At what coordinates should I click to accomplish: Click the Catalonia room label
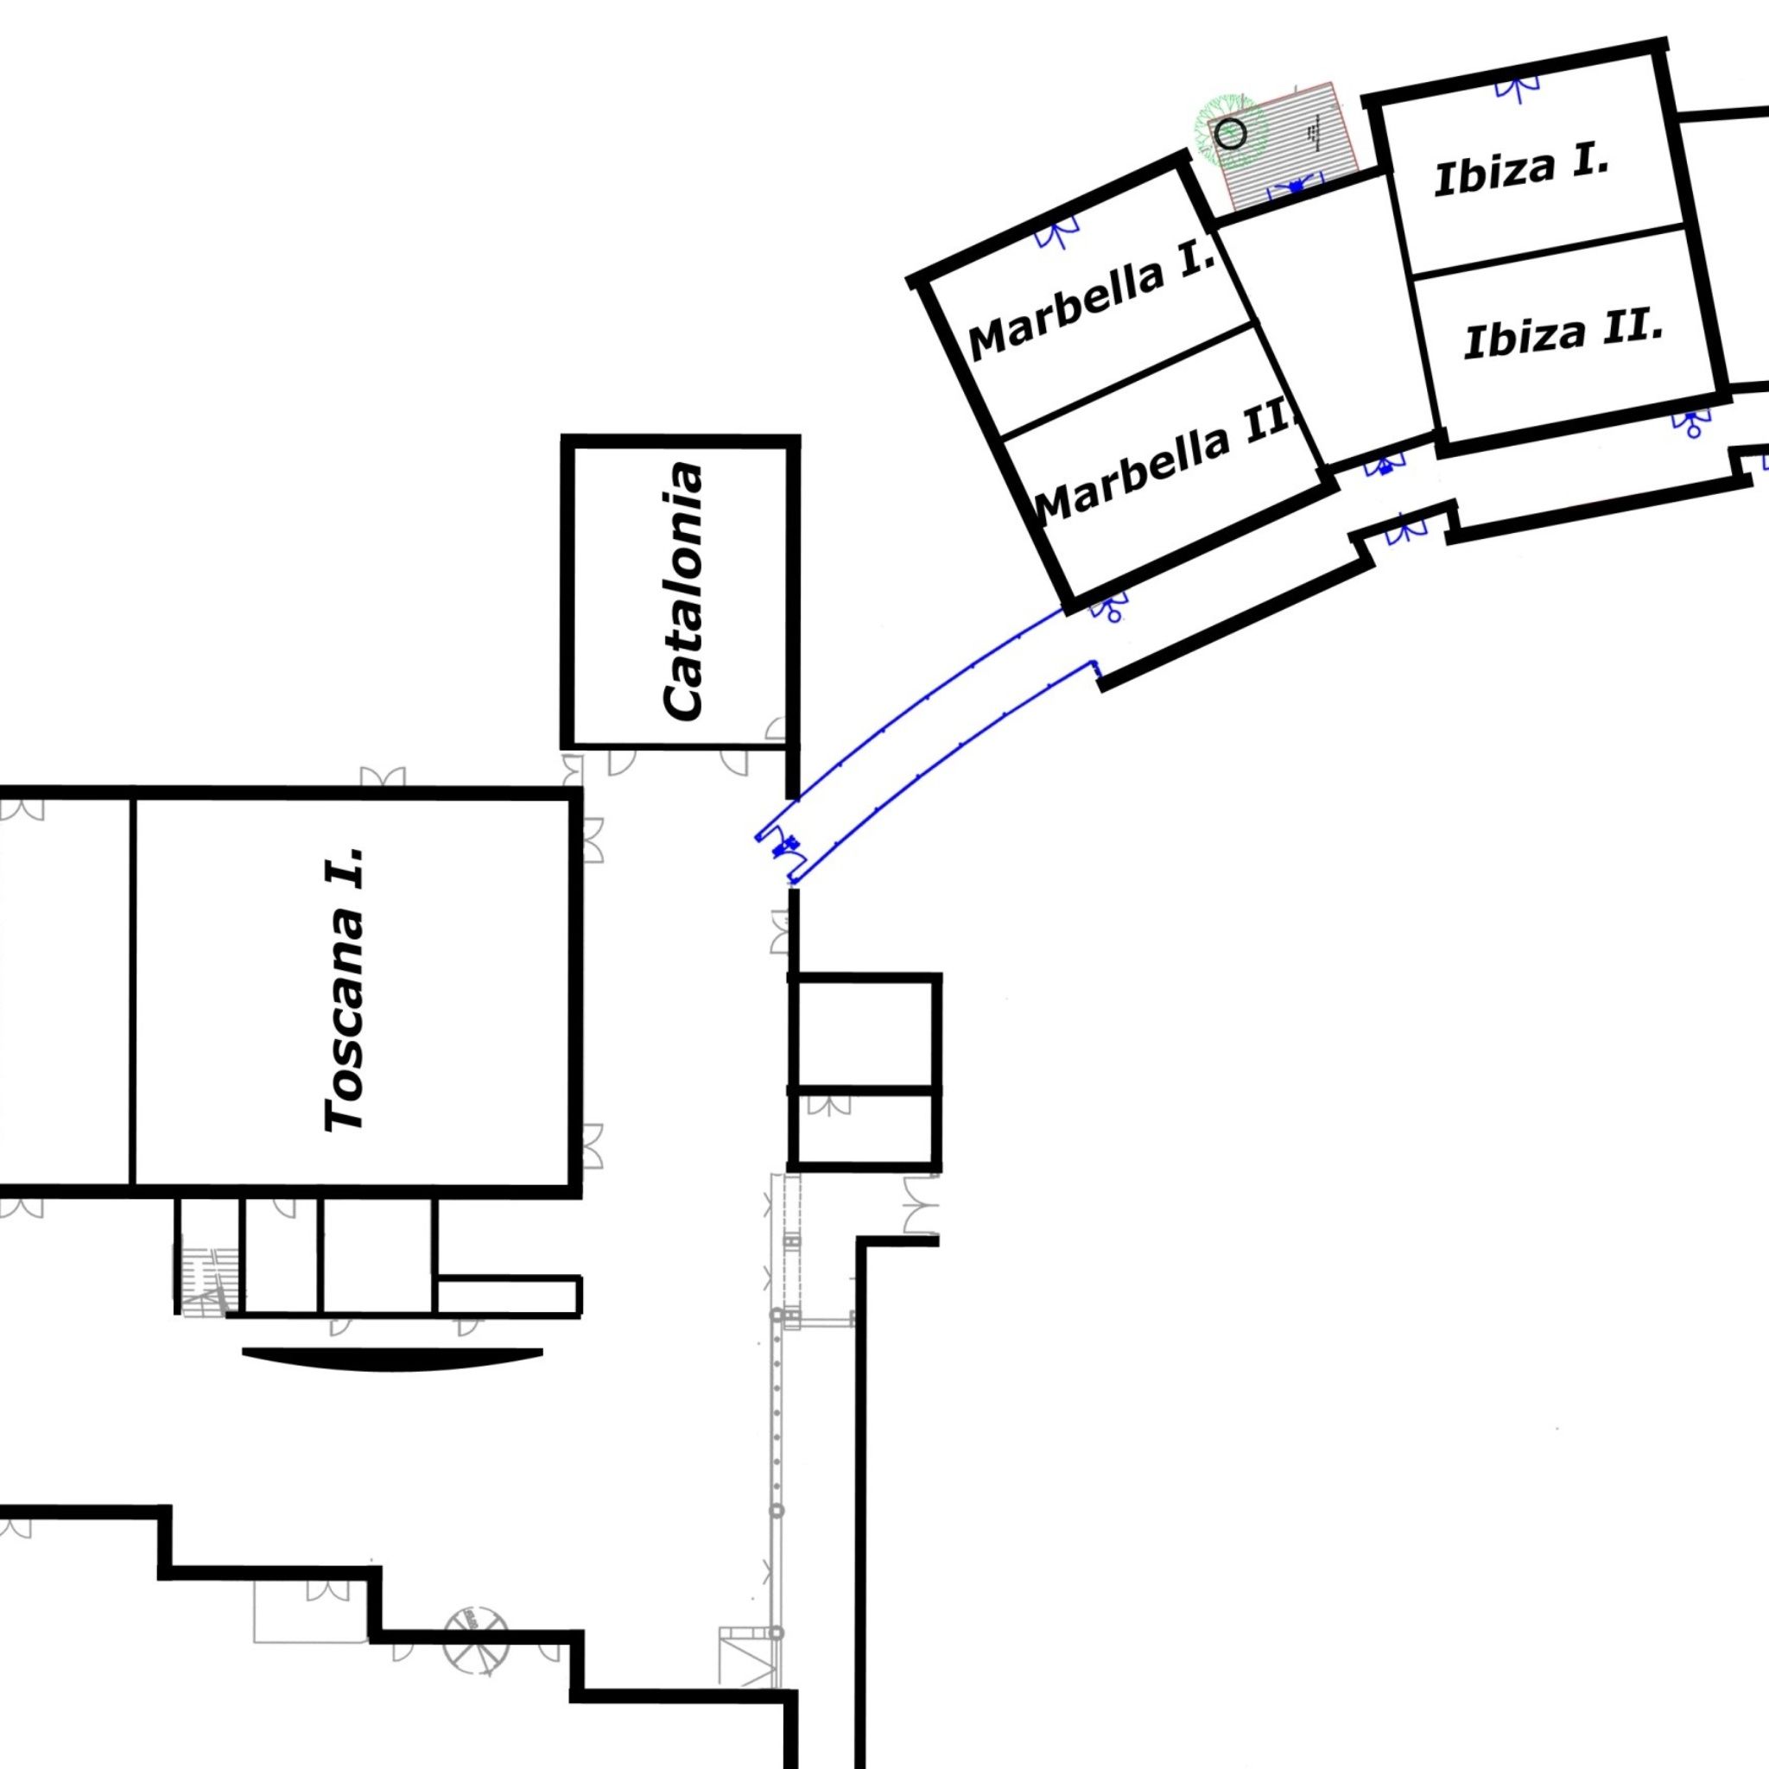tap(685, 592)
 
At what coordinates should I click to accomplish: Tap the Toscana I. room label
tap(346, 989)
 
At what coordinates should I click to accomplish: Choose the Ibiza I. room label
tap(1521, 171)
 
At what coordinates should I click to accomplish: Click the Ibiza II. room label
tap(1564, 334)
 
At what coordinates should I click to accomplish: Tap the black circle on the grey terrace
tap(1232, 135)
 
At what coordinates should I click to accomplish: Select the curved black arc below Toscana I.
tap(393, 1360)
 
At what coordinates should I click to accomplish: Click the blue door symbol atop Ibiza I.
tap(1519, 87)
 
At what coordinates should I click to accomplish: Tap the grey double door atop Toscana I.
tap(383, 778)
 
